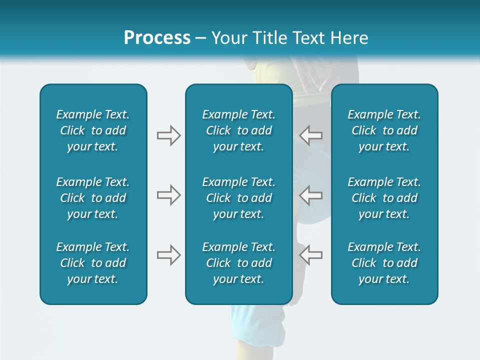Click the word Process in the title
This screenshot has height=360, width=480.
tap(157, 38)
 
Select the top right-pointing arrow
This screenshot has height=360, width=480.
tap(168, 135)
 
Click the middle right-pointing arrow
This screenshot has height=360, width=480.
tap(168, 195)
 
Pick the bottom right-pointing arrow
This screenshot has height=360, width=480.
tap(168, 255)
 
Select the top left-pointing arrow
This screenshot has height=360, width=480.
tap(311, 135)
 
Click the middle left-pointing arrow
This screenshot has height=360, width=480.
tap(311, 195)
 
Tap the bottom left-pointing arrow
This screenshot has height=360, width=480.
tap(311, 255)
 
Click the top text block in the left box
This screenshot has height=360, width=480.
tap(93, 130)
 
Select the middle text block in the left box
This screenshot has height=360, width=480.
tap(93, 198)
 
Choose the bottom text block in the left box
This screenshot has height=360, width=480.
tap(93, 263)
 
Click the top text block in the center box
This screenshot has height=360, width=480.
tap(238, 130)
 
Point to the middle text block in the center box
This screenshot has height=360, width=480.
tap(238, 198)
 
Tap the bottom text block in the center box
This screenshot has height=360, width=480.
tap(238, 263)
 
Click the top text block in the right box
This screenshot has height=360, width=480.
tap(384, 130)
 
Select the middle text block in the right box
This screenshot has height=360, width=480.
tap(384, 198)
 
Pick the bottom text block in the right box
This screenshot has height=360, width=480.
tap(384, 263)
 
